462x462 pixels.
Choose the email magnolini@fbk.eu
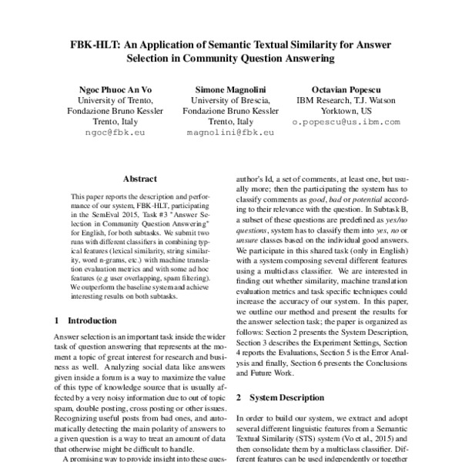coord(230,132)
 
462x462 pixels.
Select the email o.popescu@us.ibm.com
coord(346,122)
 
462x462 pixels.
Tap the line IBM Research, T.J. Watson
coord(346,100)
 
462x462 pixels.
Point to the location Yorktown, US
coord(346,111)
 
